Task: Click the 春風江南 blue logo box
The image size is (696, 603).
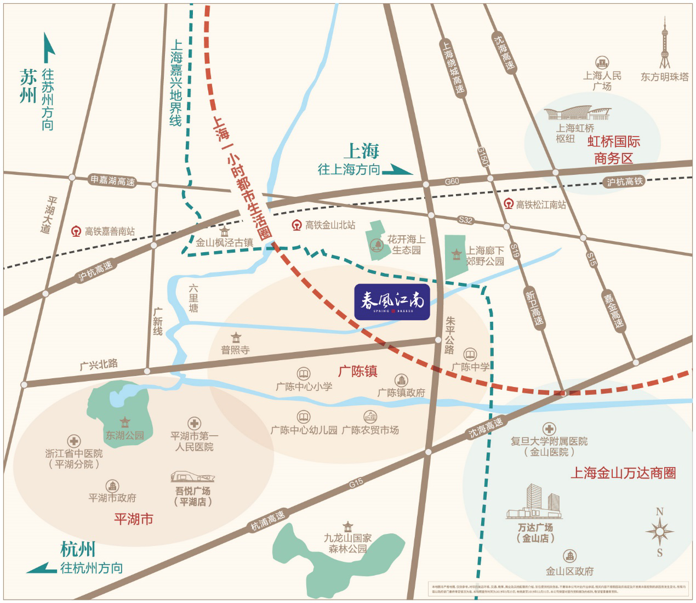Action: point(392,302)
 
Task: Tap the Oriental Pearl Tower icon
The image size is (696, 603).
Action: point(664,44)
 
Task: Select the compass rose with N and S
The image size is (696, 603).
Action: point(659,531)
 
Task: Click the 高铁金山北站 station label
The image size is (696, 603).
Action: point(330,225)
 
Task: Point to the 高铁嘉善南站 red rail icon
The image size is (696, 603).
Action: point(76,231)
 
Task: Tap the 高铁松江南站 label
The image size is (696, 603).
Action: point(540,204)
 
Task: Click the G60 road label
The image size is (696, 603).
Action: point(452,181)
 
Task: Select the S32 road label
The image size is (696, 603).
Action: point(465,220)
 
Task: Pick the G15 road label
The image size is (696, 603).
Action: point(356,483)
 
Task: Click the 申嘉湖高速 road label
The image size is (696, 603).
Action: point(112,180)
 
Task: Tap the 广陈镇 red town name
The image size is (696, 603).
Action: point(357,371)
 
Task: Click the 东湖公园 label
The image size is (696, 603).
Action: point(124,435)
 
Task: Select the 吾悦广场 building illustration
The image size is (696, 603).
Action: point(192,477)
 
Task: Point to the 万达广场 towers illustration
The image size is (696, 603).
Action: point(535,502)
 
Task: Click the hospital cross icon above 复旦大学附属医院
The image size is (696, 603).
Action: point(549,429)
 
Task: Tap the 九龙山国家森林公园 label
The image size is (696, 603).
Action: point(347,543)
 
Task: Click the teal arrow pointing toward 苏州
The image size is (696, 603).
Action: point(48,48)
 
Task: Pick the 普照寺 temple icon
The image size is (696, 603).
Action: point(236,337)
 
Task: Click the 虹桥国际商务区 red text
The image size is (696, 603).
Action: point(613,150)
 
